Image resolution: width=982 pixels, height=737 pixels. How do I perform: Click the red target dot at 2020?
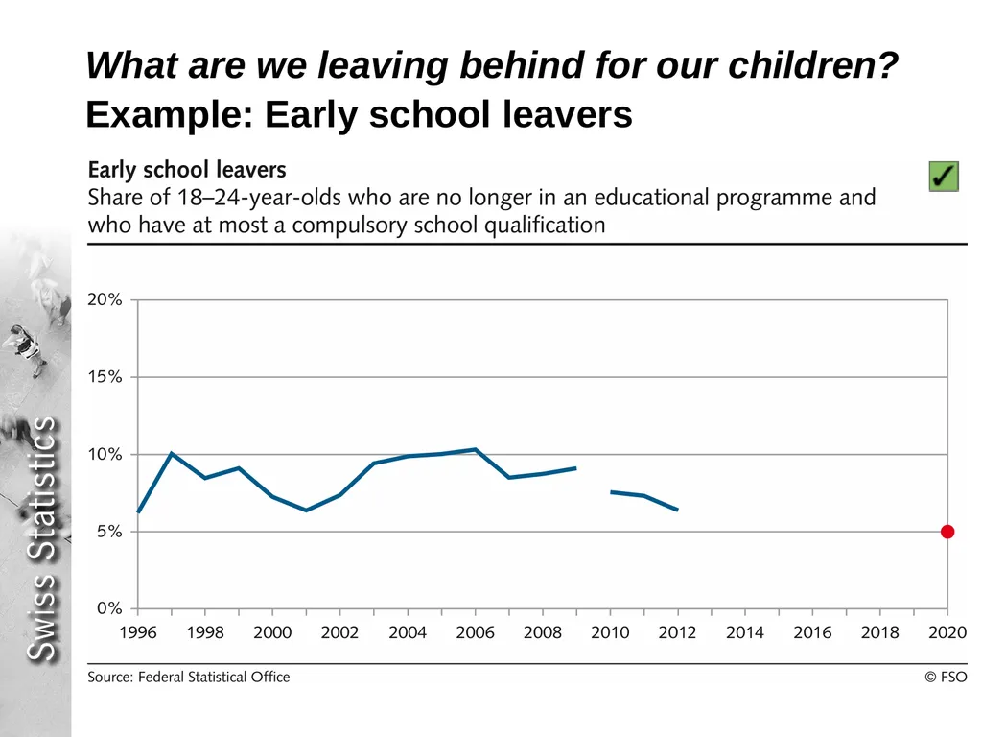point(947,532)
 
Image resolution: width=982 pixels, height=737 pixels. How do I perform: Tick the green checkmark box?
point(944,177)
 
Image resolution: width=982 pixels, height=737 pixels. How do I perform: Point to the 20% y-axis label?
point(105,299)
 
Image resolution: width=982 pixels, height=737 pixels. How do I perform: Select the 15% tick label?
point(105,376)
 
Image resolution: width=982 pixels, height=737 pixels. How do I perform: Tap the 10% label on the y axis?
point(105,454)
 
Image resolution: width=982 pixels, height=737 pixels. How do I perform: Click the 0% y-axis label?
point(109,608)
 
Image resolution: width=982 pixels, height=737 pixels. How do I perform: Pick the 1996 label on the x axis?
point(138,632)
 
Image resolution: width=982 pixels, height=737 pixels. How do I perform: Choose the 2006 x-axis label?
point(476,632)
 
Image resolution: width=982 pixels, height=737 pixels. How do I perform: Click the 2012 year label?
point(678,632)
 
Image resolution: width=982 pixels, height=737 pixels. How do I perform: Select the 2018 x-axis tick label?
point(880,632)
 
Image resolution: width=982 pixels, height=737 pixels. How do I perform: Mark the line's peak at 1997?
point(172,453)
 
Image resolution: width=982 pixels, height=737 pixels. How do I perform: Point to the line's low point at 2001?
point(306,511)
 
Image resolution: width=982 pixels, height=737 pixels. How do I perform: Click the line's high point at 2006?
point(476,449)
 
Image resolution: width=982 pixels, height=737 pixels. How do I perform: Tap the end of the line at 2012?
point(678,510)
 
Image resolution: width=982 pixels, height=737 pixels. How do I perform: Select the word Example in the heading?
point(169,115)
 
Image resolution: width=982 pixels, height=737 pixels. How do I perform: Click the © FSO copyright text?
point(946,677)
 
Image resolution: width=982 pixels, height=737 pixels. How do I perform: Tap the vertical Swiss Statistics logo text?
point(42,539)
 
